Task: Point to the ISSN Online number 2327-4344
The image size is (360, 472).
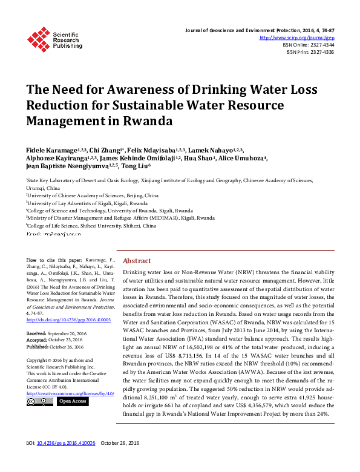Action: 321,45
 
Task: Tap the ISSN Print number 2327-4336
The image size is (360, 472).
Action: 321,52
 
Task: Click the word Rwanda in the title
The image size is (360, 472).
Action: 148,120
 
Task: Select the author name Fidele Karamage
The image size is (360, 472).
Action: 50,148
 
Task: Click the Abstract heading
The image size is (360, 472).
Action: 137,261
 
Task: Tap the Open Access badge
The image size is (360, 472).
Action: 72,401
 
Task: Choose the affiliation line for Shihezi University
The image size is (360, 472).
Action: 93,225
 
